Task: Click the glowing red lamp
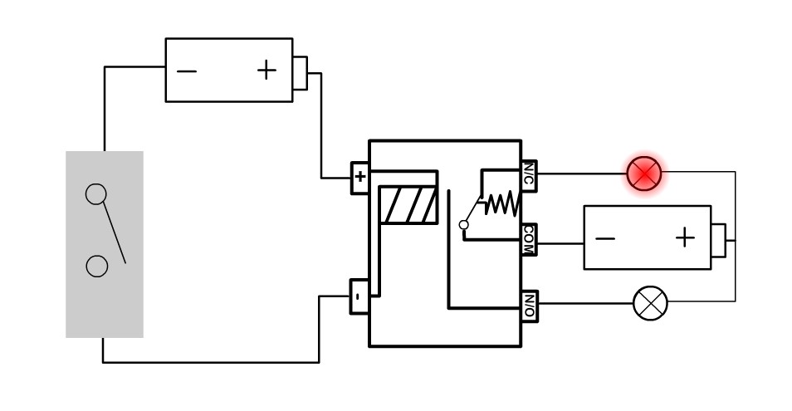(x=644, y=174)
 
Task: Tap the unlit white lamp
(x=650, y=303)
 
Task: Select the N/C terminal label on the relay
(x=529, y=176)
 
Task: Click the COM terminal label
(x=529, y=240)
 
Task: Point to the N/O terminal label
(x=529, y=306)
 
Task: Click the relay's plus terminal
(x=359, y=177)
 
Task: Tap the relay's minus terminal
(x=359, y=296)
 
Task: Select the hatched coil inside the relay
(x=408, y=205)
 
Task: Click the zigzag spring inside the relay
(x=501, y=203)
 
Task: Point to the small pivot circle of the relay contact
(x=464, y=224)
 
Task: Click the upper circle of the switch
(x=96, y=194)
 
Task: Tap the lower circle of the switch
(x=97, y=267)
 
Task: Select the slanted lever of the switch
(x=114, y=232)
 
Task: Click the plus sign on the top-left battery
(x=266, y=70)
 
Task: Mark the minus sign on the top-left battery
(x=188, y=71)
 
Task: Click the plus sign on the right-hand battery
(x=684, y=238)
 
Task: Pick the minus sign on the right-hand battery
(x=606, y=239)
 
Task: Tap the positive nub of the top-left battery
(x=300, y=72)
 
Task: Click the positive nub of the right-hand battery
(x=718, y=238)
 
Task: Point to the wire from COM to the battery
(x=560, y=243)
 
